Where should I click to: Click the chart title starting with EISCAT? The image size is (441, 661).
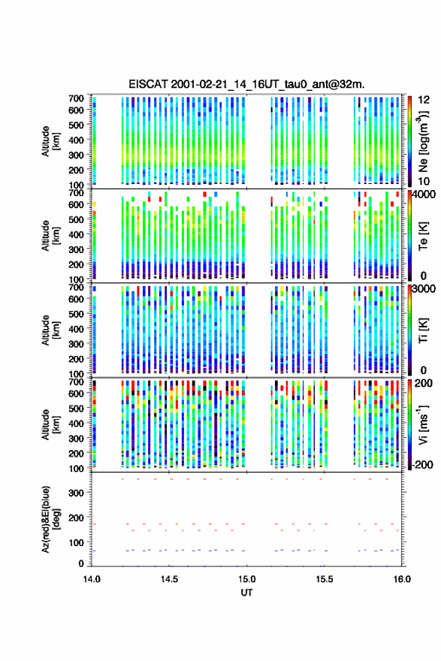coord(246,84)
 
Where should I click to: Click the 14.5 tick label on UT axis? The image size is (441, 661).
coord(169,579)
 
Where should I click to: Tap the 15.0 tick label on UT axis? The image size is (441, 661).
coord(246,579)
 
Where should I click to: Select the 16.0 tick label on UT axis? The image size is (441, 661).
coord(402,579)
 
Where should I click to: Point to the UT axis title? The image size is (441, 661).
coord(246,593)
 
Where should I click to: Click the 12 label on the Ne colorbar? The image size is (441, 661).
coord(424,99)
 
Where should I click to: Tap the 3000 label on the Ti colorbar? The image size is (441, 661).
coord(423,288)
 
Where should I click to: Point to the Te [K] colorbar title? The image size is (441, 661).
coord(423,236)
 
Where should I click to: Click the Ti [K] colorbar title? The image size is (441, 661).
coord(423,330)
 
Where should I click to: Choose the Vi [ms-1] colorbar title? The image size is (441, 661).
coord(423,424)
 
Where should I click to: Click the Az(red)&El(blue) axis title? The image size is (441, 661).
coord(50,519)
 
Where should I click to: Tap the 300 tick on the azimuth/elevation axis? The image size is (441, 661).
coord(77,493)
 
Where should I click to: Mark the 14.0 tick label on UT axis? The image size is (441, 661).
coord(92,579)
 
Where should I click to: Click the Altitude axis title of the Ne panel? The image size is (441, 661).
coord(50,141)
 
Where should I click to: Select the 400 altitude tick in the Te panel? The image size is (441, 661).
coord(77,234)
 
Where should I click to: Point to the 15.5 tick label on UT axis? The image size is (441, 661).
coord(325,579)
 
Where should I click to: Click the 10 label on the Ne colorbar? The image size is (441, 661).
coord(424,181)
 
